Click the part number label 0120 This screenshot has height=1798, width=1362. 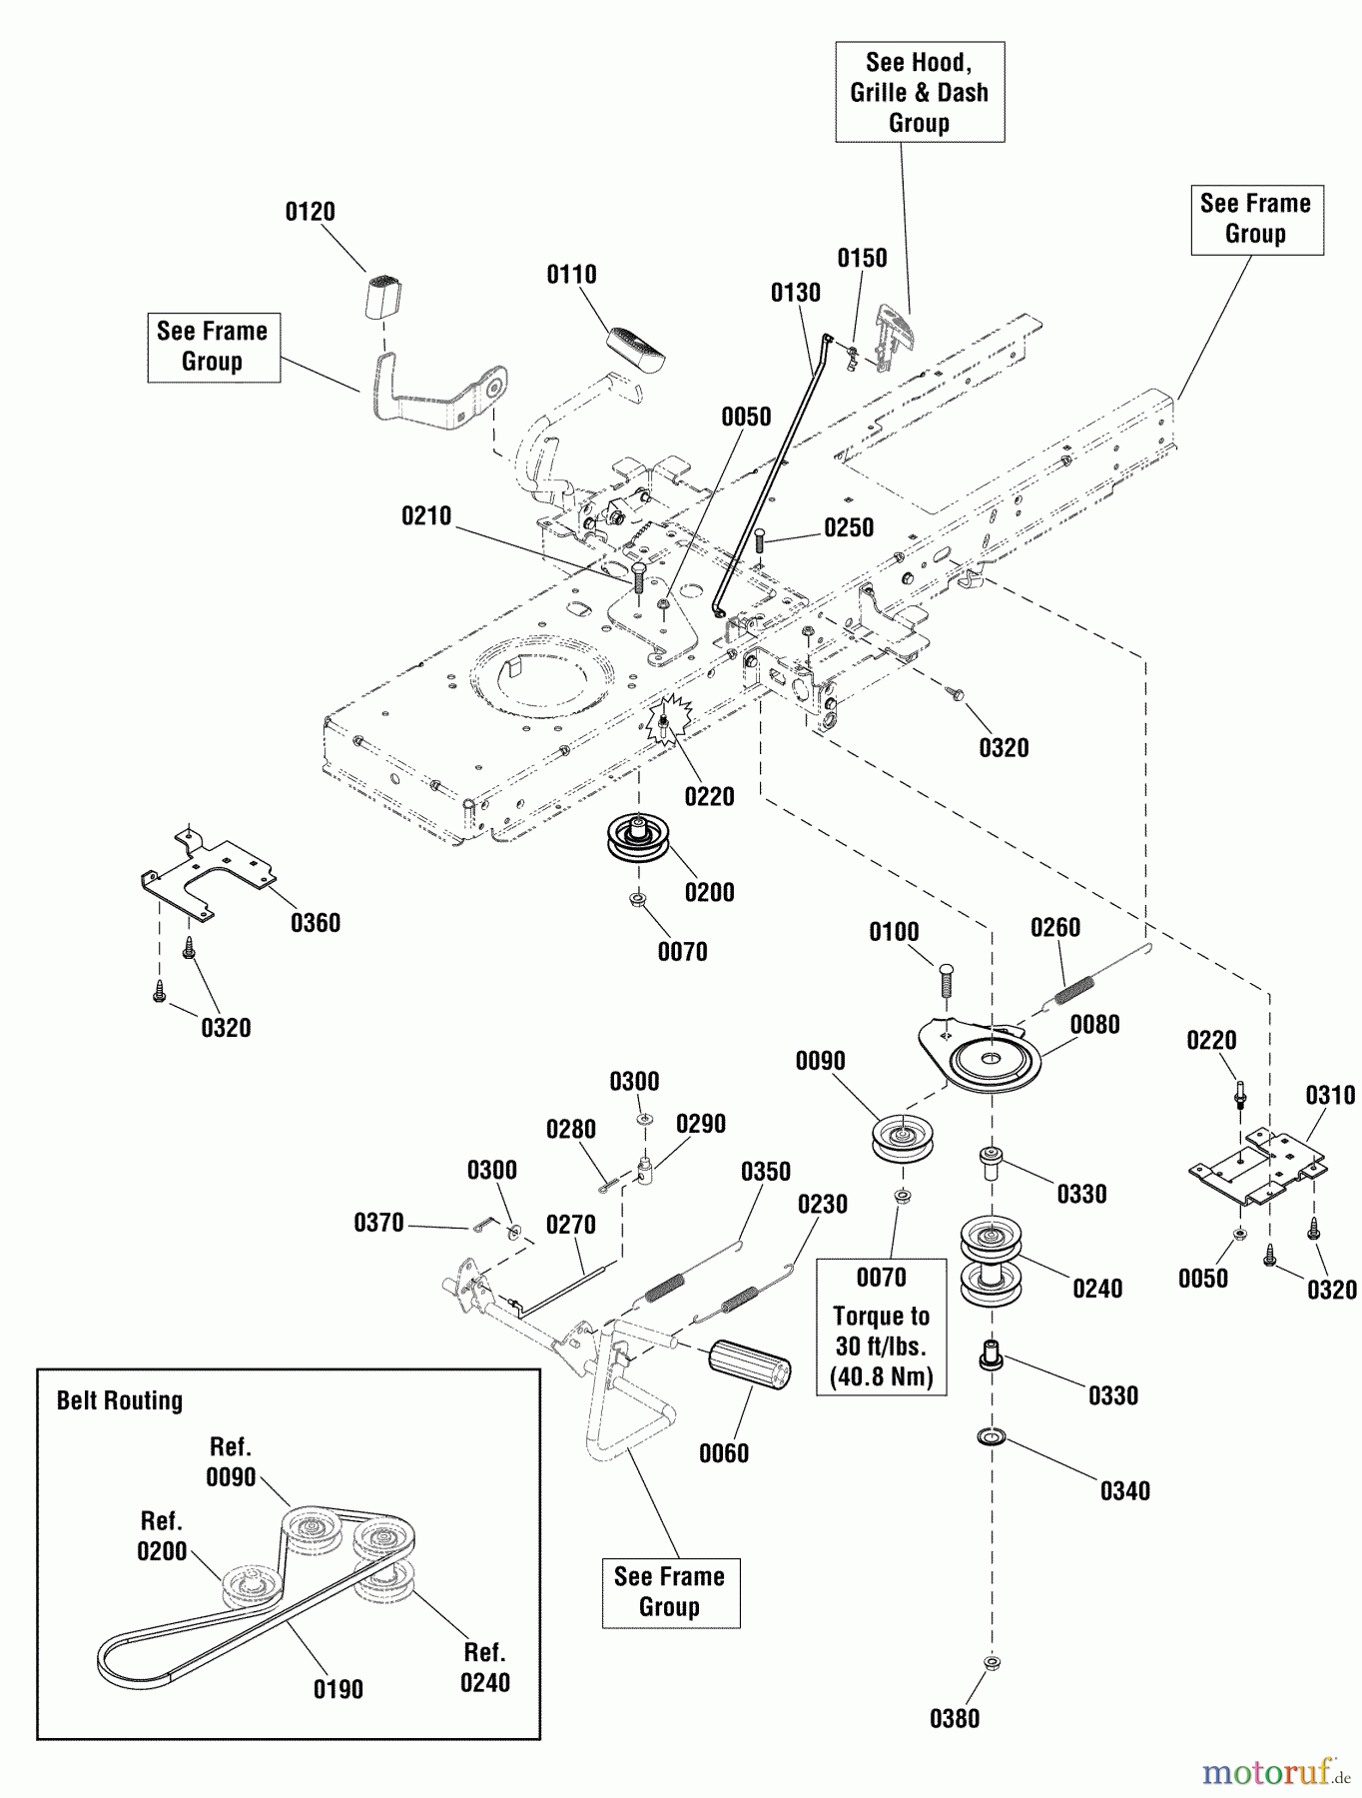[x=310, y=212]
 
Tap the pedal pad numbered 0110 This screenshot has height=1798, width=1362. [x=636, y=347]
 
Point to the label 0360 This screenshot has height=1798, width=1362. [x=316, y=923]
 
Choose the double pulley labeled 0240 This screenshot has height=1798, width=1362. [x=991, y=1262]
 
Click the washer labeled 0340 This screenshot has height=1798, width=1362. [x=991, y=1437]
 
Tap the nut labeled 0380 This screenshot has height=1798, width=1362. [x=992, y=1663]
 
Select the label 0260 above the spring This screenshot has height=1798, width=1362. [x=1055, y=928]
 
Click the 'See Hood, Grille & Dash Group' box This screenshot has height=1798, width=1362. [x=920, y=92]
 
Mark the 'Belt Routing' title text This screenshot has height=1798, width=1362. [x=120, y=1400]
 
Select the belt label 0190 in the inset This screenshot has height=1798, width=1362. [x=339, y=1689]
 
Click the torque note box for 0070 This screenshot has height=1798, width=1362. [x=882, y=1327]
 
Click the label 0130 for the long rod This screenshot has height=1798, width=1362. [x=796, y=293]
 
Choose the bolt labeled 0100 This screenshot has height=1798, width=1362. [x=947, y=981]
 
